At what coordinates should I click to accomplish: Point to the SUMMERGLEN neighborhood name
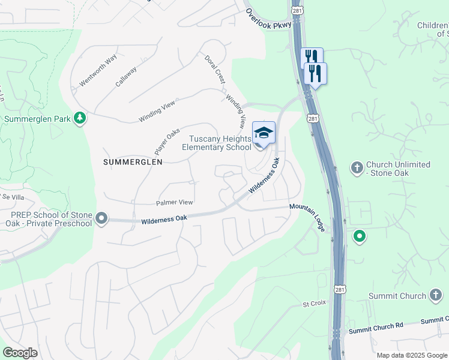[x=133, y=162]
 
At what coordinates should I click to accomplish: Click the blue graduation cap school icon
[x=264, y=133]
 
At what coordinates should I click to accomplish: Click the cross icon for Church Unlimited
[x=357, y=166]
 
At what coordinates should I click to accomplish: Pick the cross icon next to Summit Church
[x=436, y=295]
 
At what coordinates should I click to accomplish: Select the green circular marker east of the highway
[x=360, y=237]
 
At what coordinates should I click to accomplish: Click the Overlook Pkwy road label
[x=268, y=18]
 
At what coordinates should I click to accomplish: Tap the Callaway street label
[x=127, y=76]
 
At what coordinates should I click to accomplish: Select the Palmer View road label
[x=175, y=203]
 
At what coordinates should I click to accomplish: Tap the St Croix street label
[x=314, y=303]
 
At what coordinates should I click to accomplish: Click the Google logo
[x=20, y=353]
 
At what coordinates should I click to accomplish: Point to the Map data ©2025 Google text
[x=411, y=355]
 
